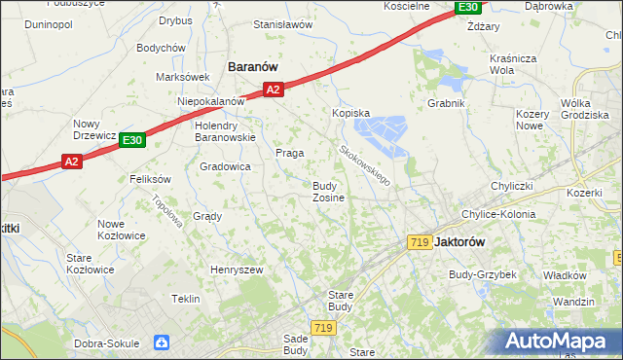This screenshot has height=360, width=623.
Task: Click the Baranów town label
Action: (253, 66)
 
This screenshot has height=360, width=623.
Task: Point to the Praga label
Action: (290, 153)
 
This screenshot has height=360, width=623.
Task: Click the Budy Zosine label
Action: (327, 191)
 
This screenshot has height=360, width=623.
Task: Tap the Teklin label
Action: (186, 299)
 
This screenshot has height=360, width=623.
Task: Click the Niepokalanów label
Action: (210, 101)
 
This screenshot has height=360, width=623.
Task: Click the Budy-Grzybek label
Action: (483, 274)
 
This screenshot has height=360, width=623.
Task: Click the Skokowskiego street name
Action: (365, 165)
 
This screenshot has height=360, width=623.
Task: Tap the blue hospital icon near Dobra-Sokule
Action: (161, 342)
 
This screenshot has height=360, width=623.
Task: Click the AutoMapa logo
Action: (563, 342)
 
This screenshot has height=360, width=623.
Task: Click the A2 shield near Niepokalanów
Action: (273, 90)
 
